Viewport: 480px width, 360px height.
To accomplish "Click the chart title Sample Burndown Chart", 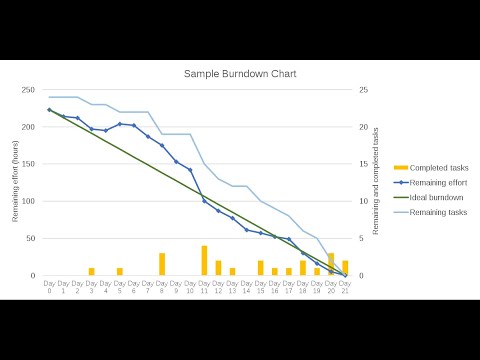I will click(x=239, y=74).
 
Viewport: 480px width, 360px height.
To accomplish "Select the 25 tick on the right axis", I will click(x=364, y=90).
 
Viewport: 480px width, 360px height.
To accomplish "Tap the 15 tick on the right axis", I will click(x=364, y=164).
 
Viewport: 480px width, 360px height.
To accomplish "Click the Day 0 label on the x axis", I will click(x=49, y=287).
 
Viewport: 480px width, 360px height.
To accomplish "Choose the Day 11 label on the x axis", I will click(x=204, y=287).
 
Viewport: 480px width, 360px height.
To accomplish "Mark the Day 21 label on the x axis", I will click(x=345, y=287).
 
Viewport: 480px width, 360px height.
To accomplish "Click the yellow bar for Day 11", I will click(x=204, y=261).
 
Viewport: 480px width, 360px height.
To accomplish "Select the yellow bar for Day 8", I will click(x=162, y=265).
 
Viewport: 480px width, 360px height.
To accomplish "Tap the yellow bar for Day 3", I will click(x=91, y=272).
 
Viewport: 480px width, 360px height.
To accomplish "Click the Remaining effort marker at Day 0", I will click(x=49, y=110).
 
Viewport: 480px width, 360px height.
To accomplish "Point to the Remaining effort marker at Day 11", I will click(x=204, y=201).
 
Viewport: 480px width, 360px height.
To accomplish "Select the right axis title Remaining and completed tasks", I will click(x=376, y=182).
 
